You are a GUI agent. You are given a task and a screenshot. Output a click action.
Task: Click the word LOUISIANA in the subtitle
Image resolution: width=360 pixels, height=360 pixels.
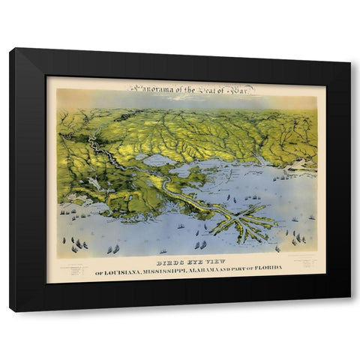pos(126,271)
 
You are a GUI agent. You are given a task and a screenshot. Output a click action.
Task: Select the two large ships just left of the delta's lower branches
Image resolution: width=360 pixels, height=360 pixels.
pos(201,243)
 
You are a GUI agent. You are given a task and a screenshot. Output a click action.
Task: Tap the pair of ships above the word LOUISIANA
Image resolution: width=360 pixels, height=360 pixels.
pos(112,248)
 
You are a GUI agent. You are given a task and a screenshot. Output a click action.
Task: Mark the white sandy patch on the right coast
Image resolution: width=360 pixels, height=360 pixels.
pos(304,164)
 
